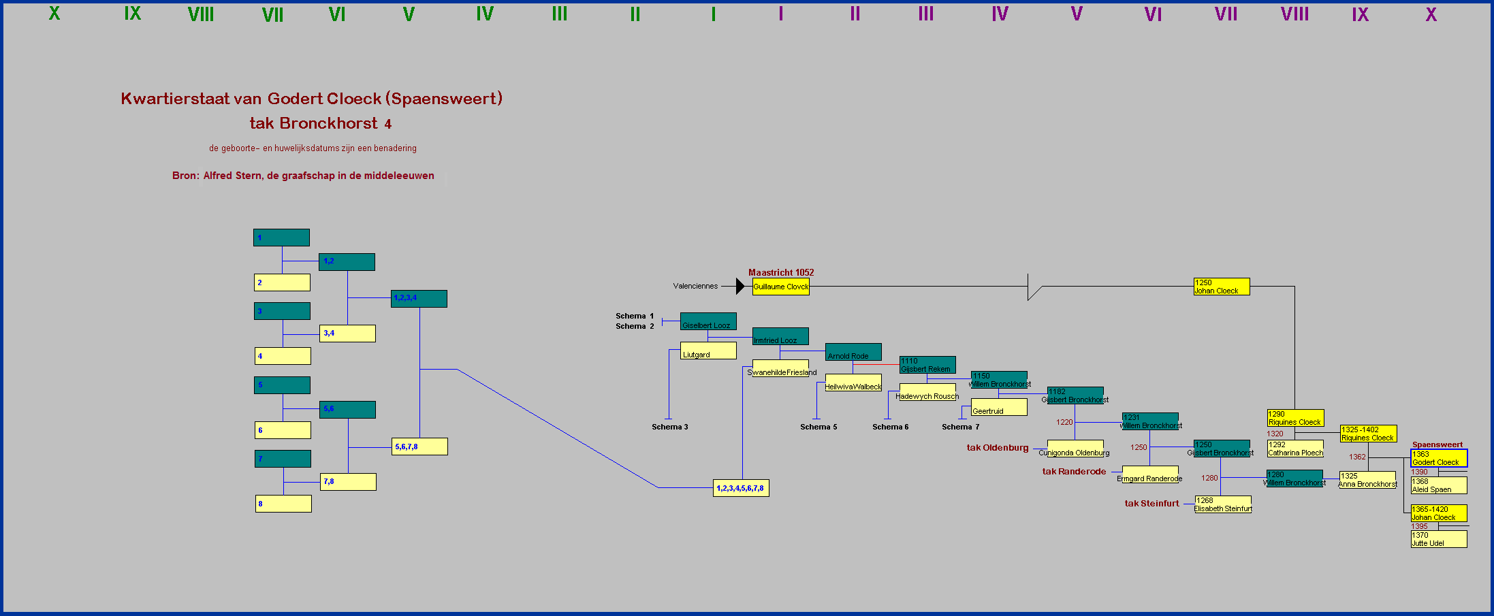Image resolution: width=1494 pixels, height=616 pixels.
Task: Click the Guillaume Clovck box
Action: (780, 287)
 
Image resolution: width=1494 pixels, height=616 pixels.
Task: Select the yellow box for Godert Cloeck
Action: (1438, 458)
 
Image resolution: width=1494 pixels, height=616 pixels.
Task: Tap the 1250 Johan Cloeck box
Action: (1222, 287)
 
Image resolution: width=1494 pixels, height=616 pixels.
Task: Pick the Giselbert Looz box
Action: (708, 321)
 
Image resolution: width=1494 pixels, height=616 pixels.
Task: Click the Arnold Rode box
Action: (853, 352)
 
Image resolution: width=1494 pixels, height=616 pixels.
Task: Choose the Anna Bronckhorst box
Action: (1367, 480)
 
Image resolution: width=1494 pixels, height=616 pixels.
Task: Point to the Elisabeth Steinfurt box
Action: (1223, 504)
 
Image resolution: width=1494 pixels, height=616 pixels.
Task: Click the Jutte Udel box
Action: (1438, 539)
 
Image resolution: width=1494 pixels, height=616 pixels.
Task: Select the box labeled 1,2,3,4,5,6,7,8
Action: (741, 488)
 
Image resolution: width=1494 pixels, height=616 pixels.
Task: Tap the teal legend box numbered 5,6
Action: (347, 409)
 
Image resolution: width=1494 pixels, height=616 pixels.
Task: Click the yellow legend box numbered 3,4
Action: (347, 334)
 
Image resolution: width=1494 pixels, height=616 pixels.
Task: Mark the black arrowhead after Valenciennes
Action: (740, 287)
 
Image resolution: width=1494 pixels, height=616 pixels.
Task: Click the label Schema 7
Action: (960, 427)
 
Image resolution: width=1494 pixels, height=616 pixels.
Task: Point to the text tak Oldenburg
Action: (998, 448)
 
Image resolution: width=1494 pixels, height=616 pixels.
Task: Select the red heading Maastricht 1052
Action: (781, 272)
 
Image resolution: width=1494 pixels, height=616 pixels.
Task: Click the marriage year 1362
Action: (1357, 457)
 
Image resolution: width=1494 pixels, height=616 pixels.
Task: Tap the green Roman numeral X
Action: (54, 14)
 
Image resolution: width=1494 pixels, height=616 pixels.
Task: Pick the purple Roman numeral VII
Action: (1226, 14)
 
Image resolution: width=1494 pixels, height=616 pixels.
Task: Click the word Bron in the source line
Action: (185, 176)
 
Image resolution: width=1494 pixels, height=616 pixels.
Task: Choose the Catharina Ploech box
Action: (1295, 449)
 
